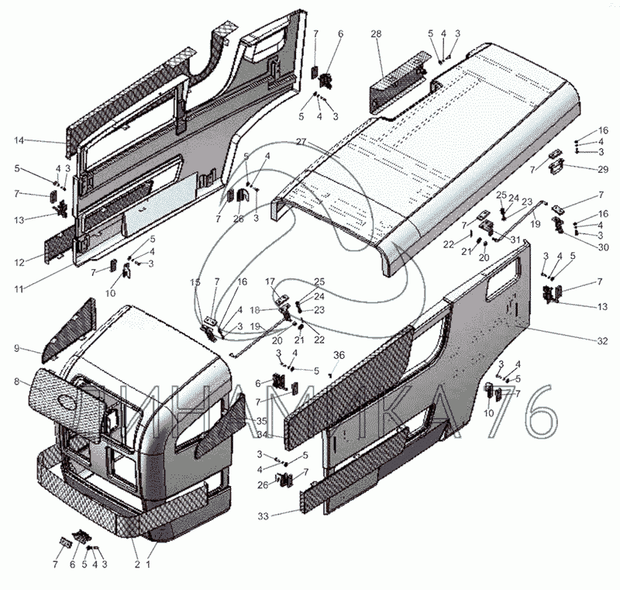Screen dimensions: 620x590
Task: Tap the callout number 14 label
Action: point(19,140)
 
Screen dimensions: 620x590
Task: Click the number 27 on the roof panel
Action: point(301,142)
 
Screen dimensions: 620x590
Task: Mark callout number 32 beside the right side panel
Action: point(604,340)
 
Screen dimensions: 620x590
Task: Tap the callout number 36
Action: point(337,355)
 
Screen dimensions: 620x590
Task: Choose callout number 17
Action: point(271,281)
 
